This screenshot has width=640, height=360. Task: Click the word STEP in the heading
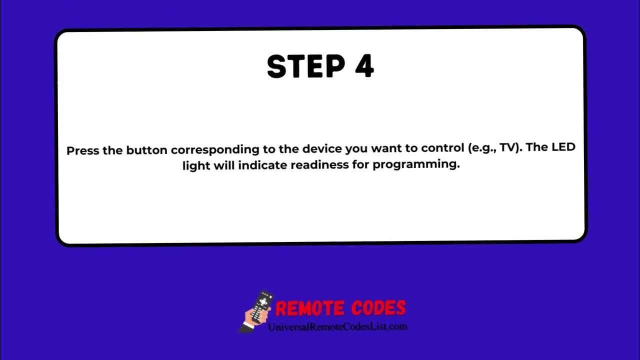point(302,67)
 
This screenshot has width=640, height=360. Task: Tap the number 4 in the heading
point(364,67)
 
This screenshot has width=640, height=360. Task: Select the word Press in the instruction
point(83,150)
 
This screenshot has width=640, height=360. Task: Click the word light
point(196,165)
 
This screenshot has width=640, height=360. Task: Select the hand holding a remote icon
point(257,311)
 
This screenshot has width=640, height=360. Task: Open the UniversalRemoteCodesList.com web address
point(337,326)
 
